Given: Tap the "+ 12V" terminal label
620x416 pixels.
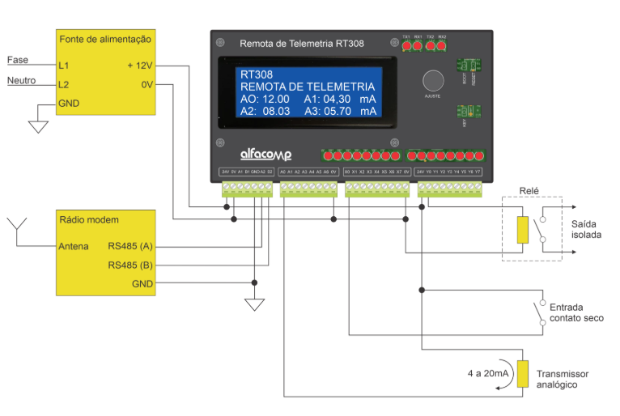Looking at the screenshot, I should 140,65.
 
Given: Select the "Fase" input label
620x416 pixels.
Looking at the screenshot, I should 17,60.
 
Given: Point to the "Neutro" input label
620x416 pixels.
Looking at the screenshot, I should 22,80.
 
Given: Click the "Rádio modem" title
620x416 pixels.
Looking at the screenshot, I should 89,219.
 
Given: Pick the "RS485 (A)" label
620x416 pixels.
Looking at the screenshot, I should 130,246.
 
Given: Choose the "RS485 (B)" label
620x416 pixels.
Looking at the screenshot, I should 130,265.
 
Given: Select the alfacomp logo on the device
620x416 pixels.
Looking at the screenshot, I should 265,154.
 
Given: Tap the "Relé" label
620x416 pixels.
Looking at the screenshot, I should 529,190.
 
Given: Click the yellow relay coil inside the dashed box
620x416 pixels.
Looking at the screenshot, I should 523,230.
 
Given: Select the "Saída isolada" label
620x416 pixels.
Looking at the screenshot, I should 586,229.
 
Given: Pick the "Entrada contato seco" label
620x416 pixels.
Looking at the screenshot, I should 576,313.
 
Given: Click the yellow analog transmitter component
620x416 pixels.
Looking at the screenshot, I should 523,374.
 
